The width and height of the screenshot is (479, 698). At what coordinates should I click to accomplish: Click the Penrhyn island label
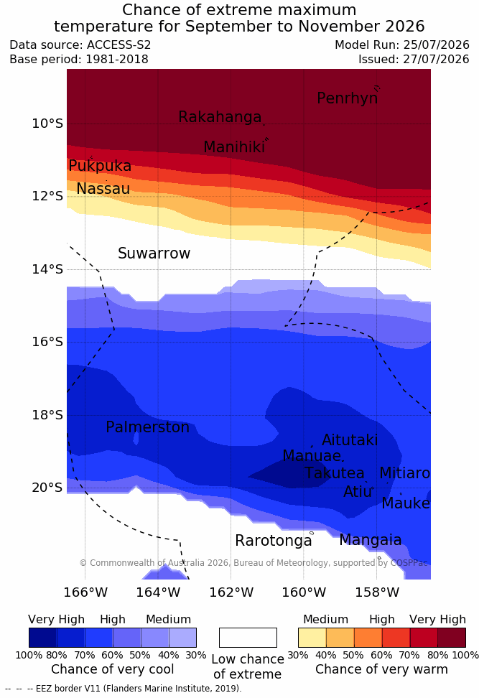(348, 98)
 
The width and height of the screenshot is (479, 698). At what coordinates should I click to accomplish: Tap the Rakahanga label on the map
(220, 116)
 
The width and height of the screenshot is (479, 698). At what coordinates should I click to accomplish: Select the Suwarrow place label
(154, 253)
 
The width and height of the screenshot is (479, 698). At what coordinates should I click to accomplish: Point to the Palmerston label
(148, 427)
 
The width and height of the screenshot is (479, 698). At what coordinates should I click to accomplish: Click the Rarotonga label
(274, 541)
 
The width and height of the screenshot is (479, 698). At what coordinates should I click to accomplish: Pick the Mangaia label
(371, 540)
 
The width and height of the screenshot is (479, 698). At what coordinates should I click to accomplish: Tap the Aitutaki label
(350, 440)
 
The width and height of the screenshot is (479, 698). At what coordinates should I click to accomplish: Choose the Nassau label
(103, 189)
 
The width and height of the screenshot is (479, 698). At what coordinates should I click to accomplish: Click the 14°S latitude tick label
(47, 269)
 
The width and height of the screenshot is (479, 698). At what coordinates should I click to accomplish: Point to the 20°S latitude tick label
(47, 488)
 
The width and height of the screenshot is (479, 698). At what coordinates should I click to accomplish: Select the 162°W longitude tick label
(231, 593)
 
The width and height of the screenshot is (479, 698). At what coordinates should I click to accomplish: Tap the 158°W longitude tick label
(377, 593)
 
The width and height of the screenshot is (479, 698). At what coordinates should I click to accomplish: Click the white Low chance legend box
(248, 638)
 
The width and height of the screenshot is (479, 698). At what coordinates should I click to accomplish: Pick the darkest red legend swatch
(452, 638)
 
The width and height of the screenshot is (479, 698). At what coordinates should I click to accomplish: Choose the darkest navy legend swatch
(43, 638)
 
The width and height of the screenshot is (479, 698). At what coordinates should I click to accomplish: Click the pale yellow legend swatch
(312, 638)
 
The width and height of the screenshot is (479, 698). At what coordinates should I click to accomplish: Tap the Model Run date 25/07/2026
(436, 45)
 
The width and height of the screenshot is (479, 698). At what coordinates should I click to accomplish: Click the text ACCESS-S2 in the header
(119, 45)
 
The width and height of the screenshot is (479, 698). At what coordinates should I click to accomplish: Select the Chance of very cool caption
(113, 669)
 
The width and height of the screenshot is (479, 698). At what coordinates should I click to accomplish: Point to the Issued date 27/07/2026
(436, 59)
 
